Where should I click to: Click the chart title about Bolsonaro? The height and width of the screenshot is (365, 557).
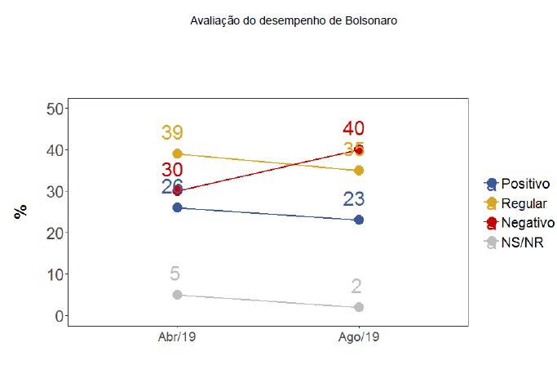point(294,20)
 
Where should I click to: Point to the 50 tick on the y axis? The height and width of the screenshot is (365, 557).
point(55,109)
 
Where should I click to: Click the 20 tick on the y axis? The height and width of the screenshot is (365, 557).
point(55,233)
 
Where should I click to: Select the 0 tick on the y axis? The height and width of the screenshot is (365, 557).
point(59,316)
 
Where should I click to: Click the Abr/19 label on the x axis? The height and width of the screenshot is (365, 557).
point(176,336)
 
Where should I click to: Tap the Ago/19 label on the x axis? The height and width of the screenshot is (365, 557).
point(359,336)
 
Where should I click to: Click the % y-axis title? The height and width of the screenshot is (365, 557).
point(21,211)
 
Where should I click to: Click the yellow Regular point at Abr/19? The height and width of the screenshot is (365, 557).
point(176,154)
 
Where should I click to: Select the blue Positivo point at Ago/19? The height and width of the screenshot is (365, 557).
point(359,220)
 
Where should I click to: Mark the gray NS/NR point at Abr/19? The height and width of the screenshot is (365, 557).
point(176,295)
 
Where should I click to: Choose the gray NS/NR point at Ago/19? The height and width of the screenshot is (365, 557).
point(359,307)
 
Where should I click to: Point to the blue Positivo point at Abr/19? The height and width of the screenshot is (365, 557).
point(176,207)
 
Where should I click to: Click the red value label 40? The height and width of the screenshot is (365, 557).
point(353,128)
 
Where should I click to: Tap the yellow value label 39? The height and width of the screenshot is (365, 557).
point(172,133)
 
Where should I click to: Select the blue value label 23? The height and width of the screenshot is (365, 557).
point(353,199)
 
